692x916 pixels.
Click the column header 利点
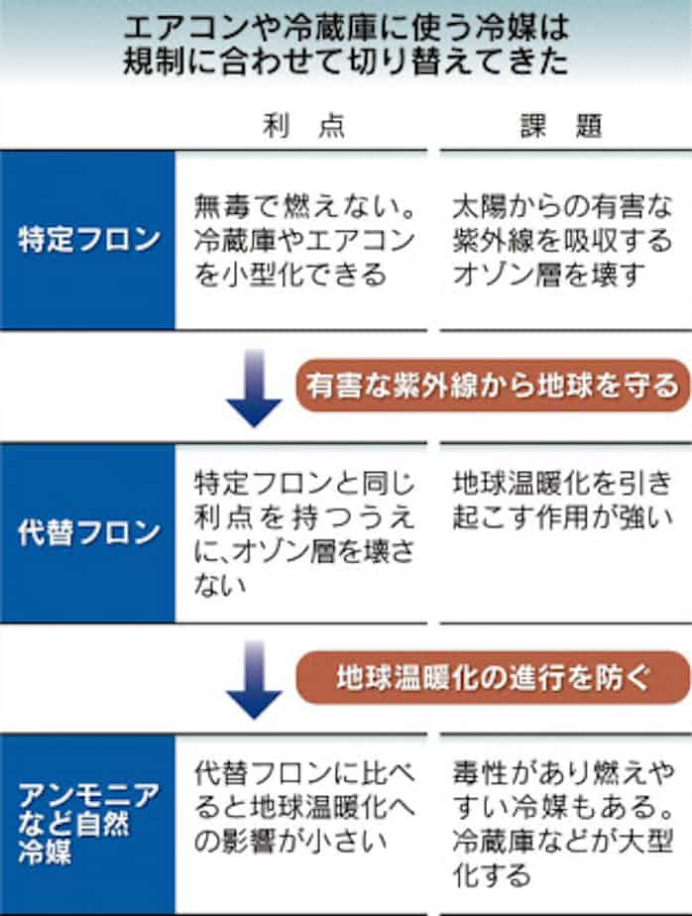pos(303,126)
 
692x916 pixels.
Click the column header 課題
pos(561,126)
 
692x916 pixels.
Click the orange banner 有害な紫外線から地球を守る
pos(493,386)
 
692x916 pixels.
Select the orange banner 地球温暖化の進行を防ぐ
pos(493,678)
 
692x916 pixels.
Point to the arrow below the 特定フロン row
pos(254,389)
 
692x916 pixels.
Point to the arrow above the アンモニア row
pos(254,681)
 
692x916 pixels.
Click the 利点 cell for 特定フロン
pos(304,241)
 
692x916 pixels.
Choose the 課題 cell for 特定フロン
pos(562,241)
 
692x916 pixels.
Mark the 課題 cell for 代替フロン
pos(562,500)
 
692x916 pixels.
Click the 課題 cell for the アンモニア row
pos(563,824)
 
